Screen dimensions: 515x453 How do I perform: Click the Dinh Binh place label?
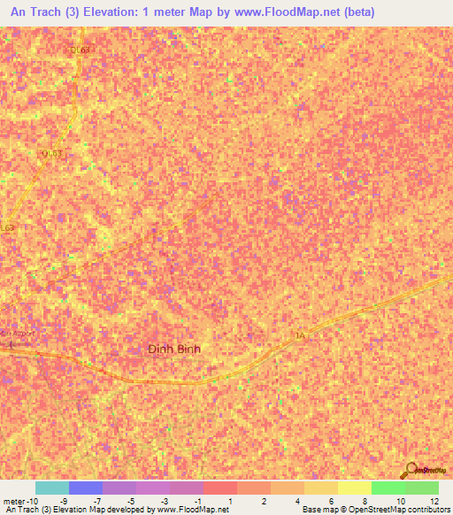coord(173,349)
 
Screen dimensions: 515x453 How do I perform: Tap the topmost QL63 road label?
coord(81,50)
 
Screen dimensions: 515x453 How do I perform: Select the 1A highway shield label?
coord(299,335)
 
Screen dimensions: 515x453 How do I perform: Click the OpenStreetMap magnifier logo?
coord(409,470)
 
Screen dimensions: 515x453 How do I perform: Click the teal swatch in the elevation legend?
coord(51,488)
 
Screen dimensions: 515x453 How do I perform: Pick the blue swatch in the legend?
coord(85,488)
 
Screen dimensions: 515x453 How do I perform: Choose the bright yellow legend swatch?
coord(354,488)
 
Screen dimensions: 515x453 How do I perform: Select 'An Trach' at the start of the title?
coord(33,12)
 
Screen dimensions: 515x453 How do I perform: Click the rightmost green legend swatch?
coord(421,488)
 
